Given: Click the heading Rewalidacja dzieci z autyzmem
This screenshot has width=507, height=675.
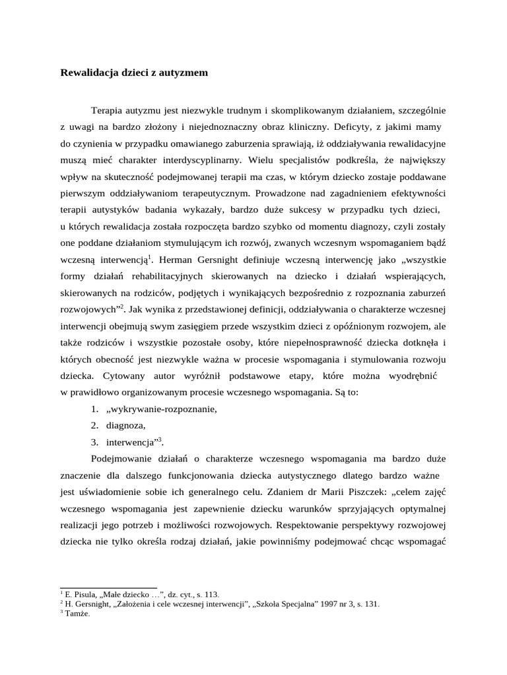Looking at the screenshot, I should click(134, 73).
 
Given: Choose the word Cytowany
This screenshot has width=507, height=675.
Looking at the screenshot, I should click(125, 376).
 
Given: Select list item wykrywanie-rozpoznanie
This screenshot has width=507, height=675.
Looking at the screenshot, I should click(161, 409).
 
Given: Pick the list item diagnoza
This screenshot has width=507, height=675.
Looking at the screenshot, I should click(125, 425).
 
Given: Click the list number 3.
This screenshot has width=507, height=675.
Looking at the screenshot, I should click(94, 442).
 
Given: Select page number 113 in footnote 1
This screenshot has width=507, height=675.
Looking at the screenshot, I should click(213, 594).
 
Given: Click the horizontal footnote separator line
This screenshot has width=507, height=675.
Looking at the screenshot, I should click(108, 587).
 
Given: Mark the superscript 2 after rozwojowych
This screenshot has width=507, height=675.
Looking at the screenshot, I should click(121, 305).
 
